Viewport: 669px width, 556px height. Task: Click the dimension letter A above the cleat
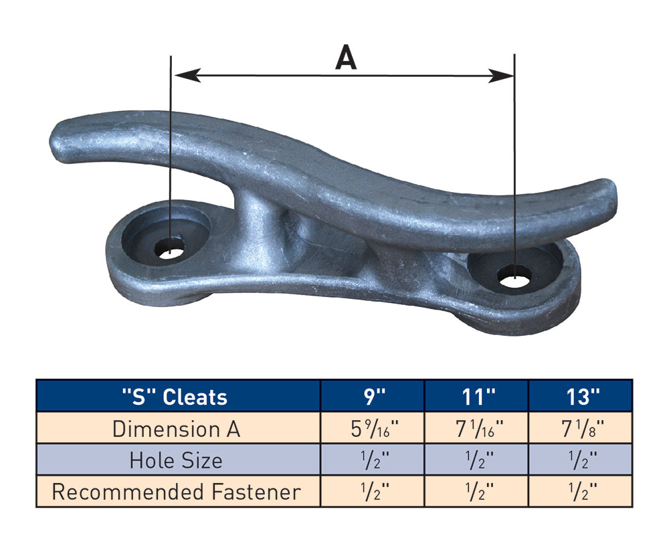[345, 58]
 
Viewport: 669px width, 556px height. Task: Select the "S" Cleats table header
[177, 396]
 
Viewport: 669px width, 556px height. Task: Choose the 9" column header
[373, 396]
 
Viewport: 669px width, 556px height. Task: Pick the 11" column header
[476, 396]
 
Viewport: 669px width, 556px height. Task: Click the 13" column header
[580, 396]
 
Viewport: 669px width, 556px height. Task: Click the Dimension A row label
[177, 428]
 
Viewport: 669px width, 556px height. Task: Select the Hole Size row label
[177, 460]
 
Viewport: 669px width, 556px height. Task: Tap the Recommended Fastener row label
[177, 492]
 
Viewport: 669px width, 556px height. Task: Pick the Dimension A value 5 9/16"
[373, 428]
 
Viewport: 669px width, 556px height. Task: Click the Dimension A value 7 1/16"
[476, 428]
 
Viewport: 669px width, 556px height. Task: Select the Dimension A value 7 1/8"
[580, 428]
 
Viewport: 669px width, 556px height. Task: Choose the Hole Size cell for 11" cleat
[476, 460]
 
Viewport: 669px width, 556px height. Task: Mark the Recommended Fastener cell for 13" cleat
[580, 492]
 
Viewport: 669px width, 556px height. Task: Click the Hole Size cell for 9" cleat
[373, 460]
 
